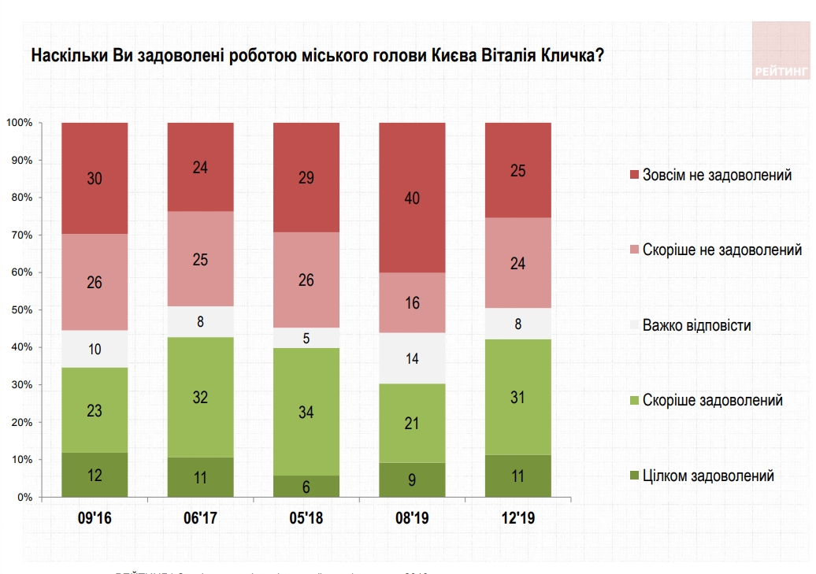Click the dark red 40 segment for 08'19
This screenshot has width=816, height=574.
412,198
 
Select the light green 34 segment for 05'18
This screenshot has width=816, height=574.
306,411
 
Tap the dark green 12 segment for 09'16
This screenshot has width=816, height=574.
95,475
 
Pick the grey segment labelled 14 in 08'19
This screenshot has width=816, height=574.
412,357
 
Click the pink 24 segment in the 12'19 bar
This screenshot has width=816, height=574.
517,262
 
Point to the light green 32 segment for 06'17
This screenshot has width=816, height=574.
200,397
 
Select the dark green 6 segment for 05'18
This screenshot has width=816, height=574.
306,487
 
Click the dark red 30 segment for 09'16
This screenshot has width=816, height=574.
95,178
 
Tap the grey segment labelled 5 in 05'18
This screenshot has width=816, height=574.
306,337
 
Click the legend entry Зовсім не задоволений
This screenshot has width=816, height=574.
717,175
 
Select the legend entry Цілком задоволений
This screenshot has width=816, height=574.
708,476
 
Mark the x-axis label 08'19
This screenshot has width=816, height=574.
412,520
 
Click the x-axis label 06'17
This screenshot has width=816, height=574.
200,520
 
